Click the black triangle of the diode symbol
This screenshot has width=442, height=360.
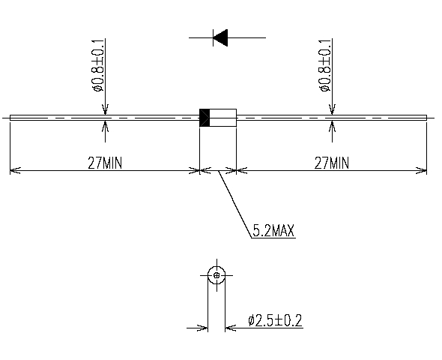[222, 37]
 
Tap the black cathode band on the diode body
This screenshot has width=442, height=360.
[205, 118]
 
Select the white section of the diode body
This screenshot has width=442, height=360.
[223, 118]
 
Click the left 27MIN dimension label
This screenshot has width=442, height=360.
[105, 163]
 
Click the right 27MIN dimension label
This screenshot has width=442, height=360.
[332, 163]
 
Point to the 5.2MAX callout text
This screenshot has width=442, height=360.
[273, 230]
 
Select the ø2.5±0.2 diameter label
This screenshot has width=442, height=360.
[275, 320]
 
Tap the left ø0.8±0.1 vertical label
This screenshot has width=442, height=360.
[98, 66]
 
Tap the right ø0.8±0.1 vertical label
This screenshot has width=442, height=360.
[325, 66]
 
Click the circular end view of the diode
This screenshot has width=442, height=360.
[208, 275]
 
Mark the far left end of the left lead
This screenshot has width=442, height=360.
[10, 118]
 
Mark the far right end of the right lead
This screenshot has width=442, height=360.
[426, 118]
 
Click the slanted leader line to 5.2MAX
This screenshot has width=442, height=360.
[234, 205]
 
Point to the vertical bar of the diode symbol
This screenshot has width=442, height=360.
[213, 37]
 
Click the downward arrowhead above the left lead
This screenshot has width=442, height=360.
[105, 109]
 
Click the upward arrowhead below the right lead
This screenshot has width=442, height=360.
[333, 126]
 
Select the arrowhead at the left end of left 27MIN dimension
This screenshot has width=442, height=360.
[15, 170]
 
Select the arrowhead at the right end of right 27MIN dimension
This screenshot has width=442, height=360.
[422, 170]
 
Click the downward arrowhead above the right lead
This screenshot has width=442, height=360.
[333, 109]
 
